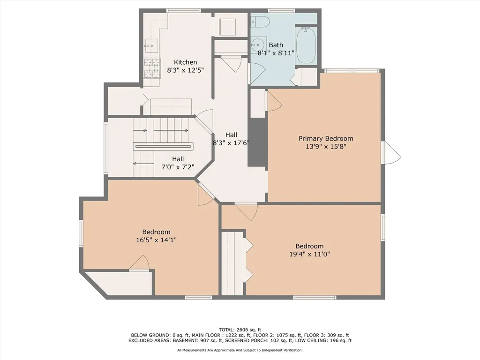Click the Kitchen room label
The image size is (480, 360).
pyautogui.click(x=185, y=62)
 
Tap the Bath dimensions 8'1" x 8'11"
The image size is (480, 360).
pyautogui.click(x=276, y=53)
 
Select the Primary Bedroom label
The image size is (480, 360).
pyautogui.click(x=326, y=138)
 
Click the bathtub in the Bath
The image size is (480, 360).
pyautogui.click(x=306, y=45)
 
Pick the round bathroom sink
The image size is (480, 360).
pyautogui.click(x=256, y=45)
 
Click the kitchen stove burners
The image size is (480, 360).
pyautogui.click(x=152, y=68)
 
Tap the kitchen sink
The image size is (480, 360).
pyautogui.click(x=151, y=45)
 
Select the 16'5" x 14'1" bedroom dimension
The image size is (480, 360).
pyautogui.click(x=156, y=240)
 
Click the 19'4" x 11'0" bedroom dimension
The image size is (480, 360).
pyautogui.click(x=309, y=254)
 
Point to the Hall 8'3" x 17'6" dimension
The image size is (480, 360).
pyautogui.click(x=231, y=142)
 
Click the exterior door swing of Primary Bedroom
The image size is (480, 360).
pyautogui.click(x=393, y=152)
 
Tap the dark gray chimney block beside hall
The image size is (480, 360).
pyautogui.click(x=257, y=142)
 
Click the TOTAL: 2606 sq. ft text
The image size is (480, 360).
pyautogui.click(x=240, y=330)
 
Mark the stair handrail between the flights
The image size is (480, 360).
pyautogui.click(x=163, y=146)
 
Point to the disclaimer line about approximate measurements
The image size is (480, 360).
pyautogui.click(x=240, y=350)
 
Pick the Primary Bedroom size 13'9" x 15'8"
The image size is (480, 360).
pyautogui.click(x=326, y=146)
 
